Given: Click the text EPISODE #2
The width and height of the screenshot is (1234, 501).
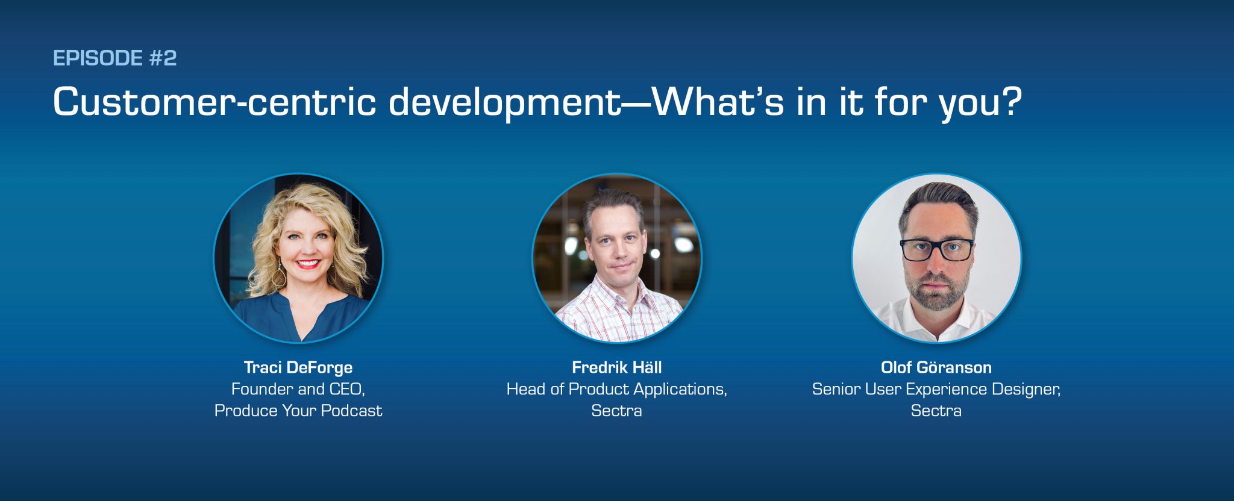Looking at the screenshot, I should coord(114,58).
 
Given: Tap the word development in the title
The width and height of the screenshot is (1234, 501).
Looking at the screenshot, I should coord(505,102).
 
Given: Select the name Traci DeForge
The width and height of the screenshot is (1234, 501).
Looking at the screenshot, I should coord(298,367).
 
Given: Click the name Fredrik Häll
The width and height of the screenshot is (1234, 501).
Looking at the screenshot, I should coord(616,367).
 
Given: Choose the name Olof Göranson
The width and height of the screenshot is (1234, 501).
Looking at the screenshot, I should coord(936,367).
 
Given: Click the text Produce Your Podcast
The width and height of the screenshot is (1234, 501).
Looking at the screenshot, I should coord(298,411).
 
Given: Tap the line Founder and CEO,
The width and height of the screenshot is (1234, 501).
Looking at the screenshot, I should coord(298,389).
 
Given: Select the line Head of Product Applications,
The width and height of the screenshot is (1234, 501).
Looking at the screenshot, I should coord(616,389).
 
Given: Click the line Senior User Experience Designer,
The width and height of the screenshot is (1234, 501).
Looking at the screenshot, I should coord(936,389).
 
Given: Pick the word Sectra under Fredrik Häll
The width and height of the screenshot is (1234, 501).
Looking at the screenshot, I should coord(616,411).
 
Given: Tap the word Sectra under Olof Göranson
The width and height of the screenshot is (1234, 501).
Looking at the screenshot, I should coord(936,411).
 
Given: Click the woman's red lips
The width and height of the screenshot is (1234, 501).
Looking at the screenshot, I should coord(308,264).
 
